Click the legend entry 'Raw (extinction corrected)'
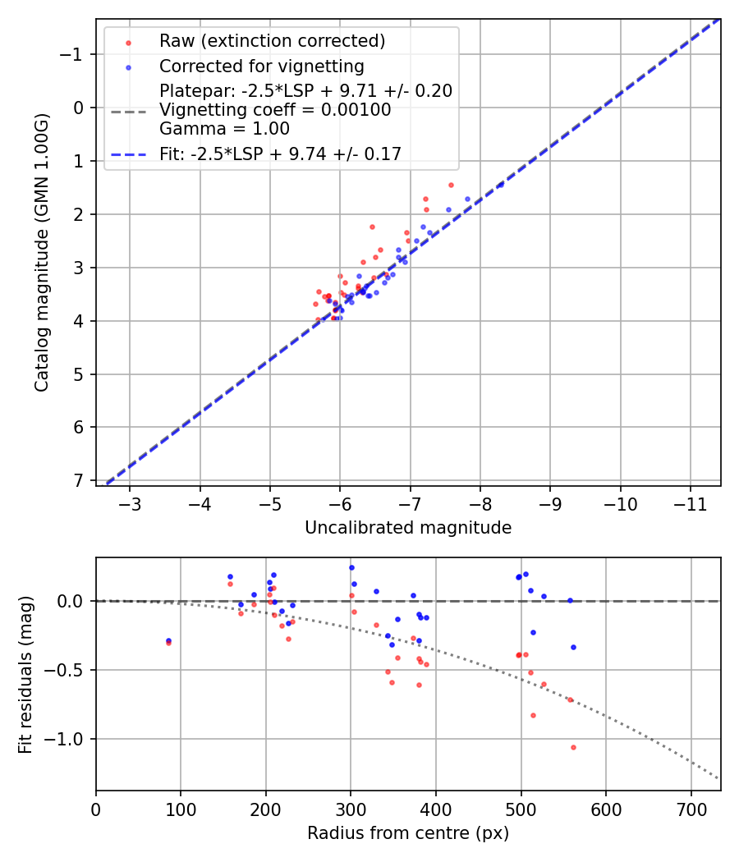point(272,41)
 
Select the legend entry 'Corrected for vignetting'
point(262,66)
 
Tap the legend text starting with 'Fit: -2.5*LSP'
point(280,154)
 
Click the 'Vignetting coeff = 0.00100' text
point(275,110)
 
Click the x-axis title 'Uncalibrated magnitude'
point(408,528)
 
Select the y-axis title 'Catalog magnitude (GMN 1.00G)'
point(42,253)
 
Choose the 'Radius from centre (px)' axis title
point(408,833)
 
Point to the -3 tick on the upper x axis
point(130,502)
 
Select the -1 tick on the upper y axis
point(74,54)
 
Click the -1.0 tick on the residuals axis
point(67,739)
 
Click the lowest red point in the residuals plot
point(573,747)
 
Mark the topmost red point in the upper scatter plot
point(451,185)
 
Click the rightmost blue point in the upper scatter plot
point(468,199)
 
